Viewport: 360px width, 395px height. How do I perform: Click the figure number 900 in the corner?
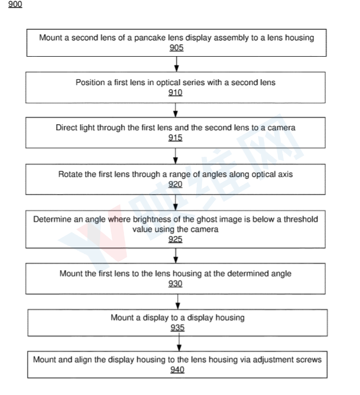pyautogui.click(x=15, y=5)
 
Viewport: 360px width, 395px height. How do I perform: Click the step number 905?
pyautogui.click(x=177, y=48)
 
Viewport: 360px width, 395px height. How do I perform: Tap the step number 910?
pyautogui.click(x=175, y=93)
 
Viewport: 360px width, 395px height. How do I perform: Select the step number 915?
pyautogui.click(x=175, y=138)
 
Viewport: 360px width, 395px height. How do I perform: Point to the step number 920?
pyautogui.click(x=175, y=184)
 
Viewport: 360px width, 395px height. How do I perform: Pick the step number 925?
pyautogui.click(x=175, y=239)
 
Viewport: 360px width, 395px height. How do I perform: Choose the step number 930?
pyautogui.click(x=175, y=284)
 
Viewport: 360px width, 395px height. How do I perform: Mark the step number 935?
pyautogui.click(x=178, y=328)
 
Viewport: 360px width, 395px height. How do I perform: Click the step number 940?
pyautogui.click(x=177, y=370)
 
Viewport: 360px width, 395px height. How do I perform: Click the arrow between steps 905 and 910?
pyautogui.click(x=176, y=65)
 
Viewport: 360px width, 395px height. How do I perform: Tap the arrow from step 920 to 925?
pyautogui.click(x=176, y=201)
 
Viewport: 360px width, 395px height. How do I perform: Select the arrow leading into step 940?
pyautogui.click(x=177, y=344)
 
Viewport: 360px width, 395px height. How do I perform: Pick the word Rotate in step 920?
pyautogui.click(x=71, y=174)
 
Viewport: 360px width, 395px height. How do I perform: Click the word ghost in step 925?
pyautogui.click(x=205, y=220)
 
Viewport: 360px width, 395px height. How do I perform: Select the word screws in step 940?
pyautogui.click(x=308, y=360)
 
